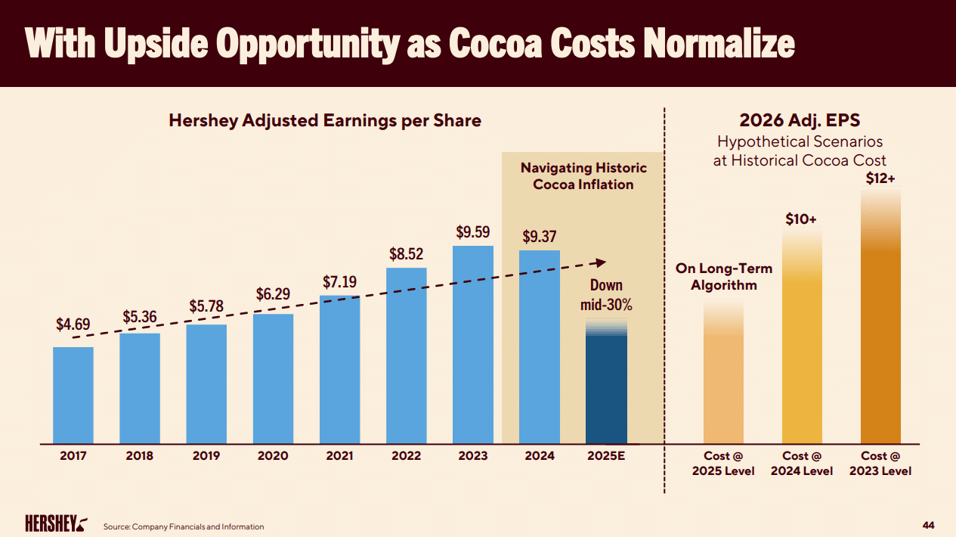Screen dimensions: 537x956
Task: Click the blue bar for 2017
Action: (73, 395)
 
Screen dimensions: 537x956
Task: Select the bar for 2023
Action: (473, 344)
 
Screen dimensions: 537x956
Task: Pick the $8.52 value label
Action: (406, 255)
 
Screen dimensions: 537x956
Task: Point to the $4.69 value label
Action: (73, 324)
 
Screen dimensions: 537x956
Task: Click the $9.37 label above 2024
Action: (540, 237)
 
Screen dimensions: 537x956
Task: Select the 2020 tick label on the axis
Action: (273, 456)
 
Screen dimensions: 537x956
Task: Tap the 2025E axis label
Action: (606, 456)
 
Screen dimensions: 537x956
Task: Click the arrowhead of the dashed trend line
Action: (601, 262)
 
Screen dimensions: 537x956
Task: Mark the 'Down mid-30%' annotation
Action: (606, 295)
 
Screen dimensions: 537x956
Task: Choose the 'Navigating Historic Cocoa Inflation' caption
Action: (583, 175)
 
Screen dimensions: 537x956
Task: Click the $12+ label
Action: (880, 179)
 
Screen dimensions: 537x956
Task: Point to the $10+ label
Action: (801, 219)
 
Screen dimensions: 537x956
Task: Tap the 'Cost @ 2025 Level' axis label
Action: (723, 463)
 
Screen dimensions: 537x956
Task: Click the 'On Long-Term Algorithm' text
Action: (723, 277)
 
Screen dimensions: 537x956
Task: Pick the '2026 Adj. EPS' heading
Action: (800, 121)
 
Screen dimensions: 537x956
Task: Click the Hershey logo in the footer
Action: (56, 524)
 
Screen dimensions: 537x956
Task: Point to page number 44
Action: (929, 525)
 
